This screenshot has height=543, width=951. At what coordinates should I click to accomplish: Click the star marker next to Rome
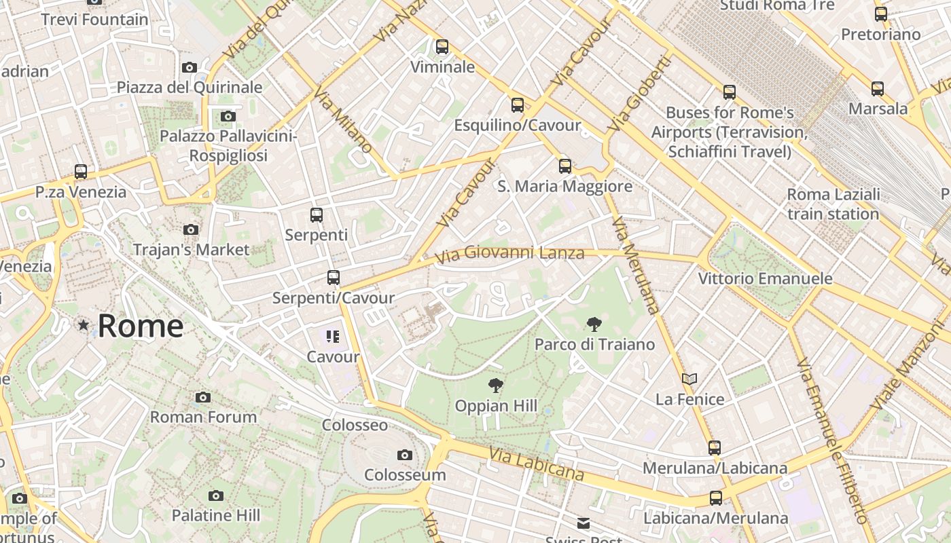click(x=84, y=326)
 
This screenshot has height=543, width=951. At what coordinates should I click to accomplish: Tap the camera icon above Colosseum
click(x=405, y=455)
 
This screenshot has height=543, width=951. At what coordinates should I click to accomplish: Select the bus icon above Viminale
click(x=442, y=47)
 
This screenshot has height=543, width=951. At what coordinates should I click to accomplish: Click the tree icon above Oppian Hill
click(x=496, y=386)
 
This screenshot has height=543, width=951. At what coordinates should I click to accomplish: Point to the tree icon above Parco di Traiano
click(x=594, y=324)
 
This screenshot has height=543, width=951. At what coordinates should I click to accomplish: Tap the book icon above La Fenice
click(x=689, y=379)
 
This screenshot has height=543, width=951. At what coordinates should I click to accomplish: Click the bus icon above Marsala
click(x=878, y=88)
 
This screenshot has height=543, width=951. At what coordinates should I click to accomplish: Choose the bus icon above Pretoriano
click(x=881, y=14)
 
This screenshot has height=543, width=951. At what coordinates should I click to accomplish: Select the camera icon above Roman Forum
click(x=203, y=397)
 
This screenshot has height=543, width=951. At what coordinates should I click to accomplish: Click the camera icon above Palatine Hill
click(x=216, y=495)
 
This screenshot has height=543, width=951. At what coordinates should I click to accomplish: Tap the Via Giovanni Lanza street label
click(x=509, y=255)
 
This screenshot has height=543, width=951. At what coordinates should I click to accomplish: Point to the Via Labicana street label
click(x=536, y=465)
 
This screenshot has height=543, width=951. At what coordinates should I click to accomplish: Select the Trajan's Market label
click(x=192, y=250)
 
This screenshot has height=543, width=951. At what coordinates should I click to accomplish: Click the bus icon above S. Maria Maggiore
click(x=565, y=166)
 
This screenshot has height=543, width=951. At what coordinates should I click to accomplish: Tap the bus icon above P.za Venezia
click(x=81, y=172)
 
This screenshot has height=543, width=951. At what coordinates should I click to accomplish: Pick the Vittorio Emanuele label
click(x=766, y=278)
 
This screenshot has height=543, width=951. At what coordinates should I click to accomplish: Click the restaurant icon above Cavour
click(x=332, y=337)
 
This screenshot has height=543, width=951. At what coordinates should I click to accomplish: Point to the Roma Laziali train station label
click(x=833, y=204)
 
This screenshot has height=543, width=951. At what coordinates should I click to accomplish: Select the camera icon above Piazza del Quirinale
click(x=190, y=67)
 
